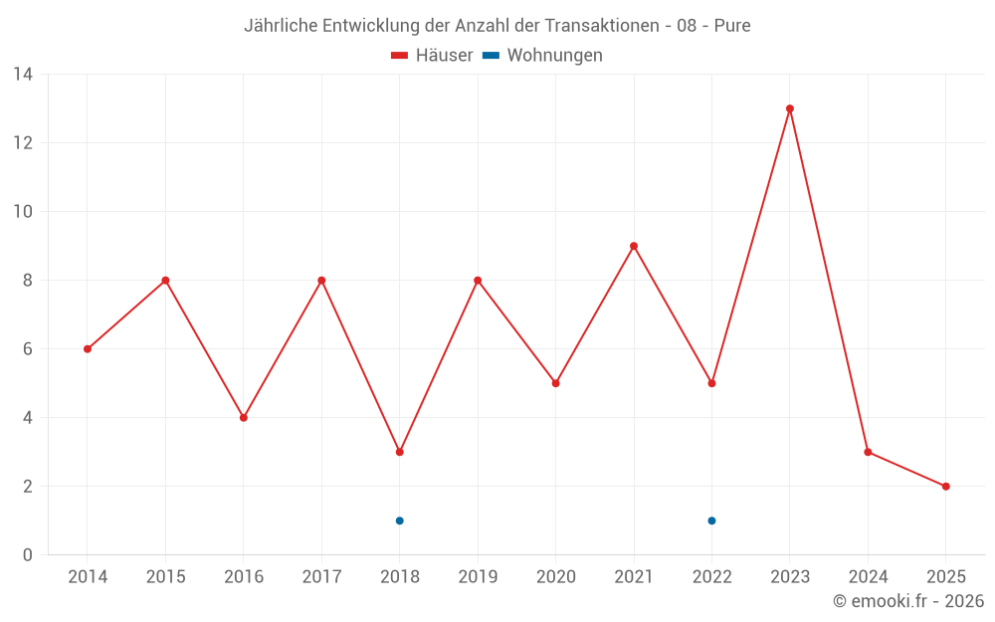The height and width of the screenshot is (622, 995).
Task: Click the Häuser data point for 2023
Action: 790,108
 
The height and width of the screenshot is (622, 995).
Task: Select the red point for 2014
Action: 88,349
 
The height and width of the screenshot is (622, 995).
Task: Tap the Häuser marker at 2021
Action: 634,246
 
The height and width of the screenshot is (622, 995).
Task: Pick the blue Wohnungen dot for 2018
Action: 400,520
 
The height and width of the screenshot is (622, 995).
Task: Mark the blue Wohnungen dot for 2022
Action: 711,520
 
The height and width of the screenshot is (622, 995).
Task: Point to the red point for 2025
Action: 945,487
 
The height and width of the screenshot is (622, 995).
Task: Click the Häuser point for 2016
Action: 244,418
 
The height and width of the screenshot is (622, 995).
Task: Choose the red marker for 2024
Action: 868,452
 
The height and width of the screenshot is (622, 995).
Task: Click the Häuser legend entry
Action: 433,56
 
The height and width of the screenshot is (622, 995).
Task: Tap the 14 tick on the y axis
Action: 23,75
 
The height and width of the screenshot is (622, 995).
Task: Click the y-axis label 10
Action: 23,212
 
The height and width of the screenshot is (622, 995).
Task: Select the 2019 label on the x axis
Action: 478,577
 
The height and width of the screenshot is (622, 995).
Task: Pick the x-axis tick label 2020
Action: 555,577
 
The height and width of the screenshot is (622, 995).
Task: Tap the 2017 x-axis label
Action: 321,577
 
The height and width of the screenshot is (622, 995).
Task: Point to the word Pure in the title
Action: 731,26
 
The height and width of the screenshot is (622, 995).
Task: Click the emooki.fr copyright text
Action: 908,601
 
